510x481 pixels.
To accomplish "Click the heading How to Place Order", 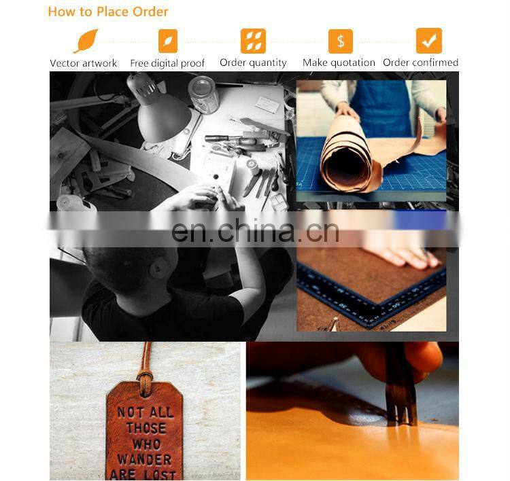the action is point(108,12).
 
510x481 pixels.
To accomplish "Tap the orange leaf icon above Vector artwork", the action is point(86,41).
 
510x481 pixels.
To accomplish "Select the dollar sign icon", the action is point(341,41).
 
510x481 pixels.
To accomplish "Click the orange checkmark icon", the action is point(429,41).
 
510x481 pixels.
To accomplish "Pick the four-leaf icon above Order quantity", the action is point(253,41).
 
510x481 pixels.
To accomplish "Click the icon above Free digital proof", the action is point(168,41).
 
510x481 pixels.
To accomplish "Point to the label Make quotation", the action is point(339,63).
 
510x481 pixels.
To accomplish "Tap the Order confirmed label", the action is point(420,62).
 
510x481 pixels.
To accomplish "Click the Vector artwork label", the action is point(83,63).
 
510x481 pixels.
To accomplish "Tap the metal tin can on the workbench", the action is point(203,94).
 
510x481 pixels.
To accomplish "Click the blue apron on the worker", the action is point(381,107).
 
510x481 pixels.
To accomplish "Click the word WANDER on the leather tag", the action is point(144,459).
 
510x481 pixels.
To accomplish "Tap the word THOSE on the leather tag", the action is point(146,428).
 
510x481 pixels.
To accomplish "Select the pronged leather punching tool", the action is point(401,385).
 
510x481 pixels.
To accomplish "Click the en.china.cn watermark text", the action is point(255,231).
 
